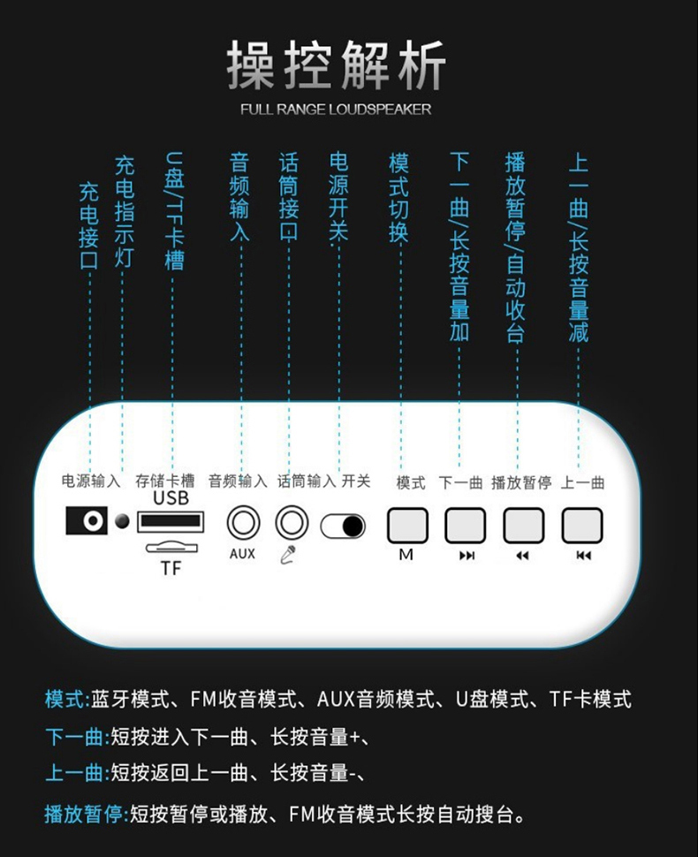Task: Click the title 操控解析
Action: click(x=337, y=65)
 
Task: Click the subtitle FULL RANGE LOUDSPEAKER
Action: click(x=336, y=110)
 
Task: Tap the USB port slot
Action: click(x=171, y=521)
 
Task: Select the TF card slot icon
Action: click(x=171, y=547)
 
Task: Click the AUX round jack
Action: click(x=243, y=522)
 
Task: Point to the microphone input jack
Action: click(x=292, y=522)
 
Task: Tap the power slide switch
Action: click(x=343, y=526)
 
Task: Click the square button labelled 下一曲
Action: click(x=465, y=525)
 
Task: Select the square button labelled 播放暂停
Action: click(x=524, y=525)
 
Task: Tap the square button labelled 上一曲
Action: click(x=582, y=525)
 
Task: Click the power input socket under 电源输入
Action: click(x=87, y=520)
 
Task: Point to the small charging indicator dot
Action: click(x=123, y=521)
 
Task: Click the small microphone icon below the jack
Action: click(x=288, y=555)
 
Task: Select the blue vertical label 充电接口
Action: click(x=89, y=225)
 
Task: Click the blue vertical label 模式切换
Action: click(x=399, y=197)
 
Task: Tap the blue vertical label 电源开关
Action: click(x=338, y=197)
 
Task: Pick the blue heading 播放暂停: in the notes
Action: click(x=87, y=814)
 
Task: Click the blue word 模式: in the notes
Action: click(x=67, y=699)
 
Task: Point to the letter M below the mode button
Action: click(x=406, y=555)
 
